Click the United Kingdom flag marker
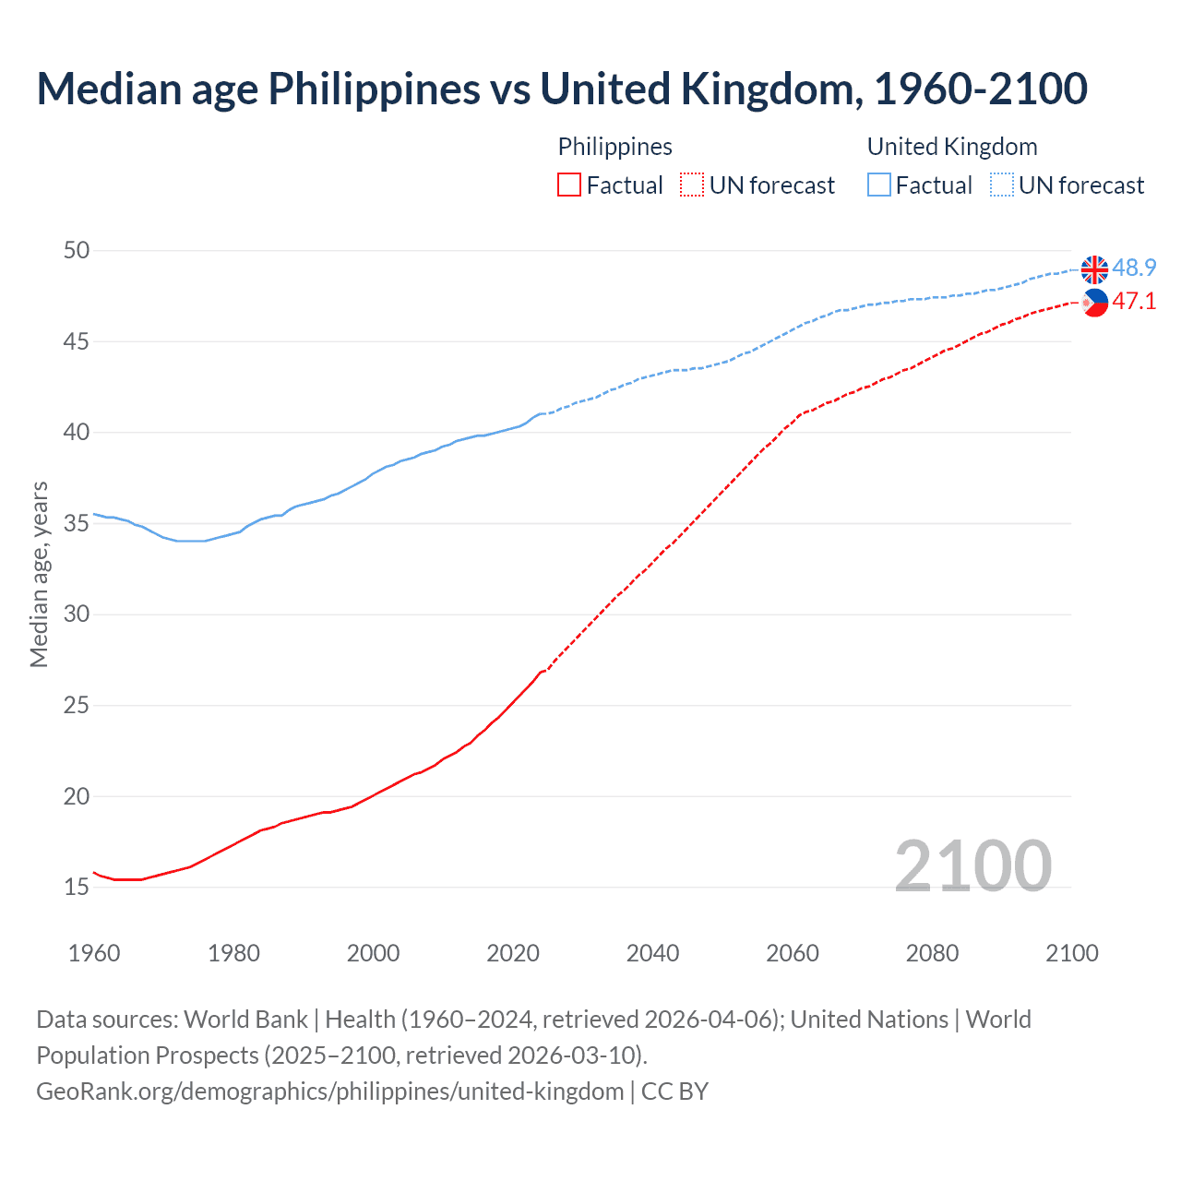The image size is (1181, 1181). pyautogui.click(x=1094, y=269)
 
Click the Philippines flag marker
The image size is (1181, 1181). pyautogui.click(x=1094, y=303)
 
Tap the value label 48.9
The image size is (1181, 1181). pyautogui.click(x=1134, y=268)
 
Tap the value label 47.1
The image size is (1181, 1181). pyautogui.click(x=1134, y=302)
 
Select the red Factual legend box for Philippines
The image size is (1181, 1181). pyautogui.click(x=569, y=185)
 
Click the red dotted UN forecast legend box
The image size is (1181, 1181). pyautogui.click(x=692, y=185)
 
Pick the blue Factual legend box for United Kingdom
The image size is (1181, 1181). pyautogui.click(x=879, y=185)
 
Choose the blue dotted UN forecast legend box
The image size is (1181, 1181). pyautogui.click(x=1001, y=185)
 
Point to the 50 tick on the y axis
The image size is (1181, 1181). pyautogui.click(x=78, y=251)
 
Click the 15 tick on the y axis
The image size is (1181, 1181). pyautogui.click(x=78, y=888)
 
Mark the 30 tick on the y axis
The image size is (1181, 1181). pyautogui.click(x=78, y=614)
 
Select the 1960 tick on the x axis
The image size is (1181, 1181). pyautogui.click(x=94, y=953)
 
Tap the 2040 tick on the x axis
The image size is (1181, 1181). pyautogui.click(x=652, y=953)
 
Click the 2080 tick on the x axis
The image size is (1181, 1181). pyautogui.click(x=932, y=953)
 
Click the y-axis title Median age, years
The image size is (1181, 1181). pyautogui.click(x=39, y=574)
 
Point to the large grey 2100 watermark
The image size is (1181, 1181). pyautogui.click(x=972, y=865)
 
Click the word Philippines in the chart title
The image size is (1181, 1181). pyautogui.click(x=374, y=89)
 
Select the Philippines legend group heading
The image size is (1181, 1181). pyautogui.click(x=614, y=147)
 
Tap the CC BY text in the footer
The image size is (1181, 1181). pyautogui.click(x=674, y=1092)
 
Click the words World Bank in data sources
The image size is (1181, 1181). pyautogui.click(x=245, y=1020)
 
